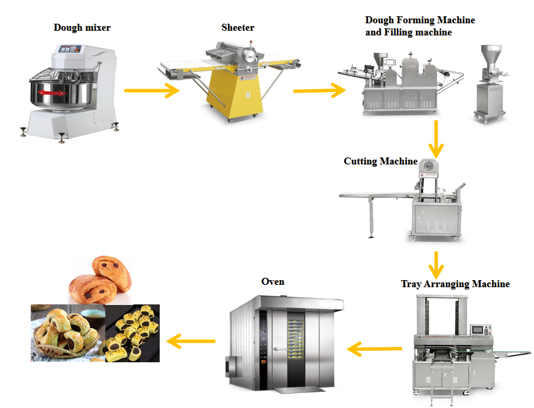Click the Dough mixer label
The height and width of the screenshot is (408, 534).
[82, 27]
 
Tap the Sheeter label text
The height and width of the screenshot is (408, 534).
[238, 27]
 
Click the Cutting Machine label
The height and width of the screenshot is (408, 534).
[380, 161]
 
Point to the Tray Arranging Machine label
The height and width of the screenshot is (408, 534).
[455, 284]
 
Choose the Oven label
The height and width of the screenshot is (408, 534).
[273, 281]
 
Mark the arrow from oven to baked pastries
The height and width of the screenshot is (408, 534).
[191, 341]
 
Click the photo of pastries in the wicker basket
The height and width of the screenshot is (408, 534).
[67, 333]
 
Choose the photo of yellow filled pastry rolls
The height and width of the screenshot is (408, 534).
[132, 333]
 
